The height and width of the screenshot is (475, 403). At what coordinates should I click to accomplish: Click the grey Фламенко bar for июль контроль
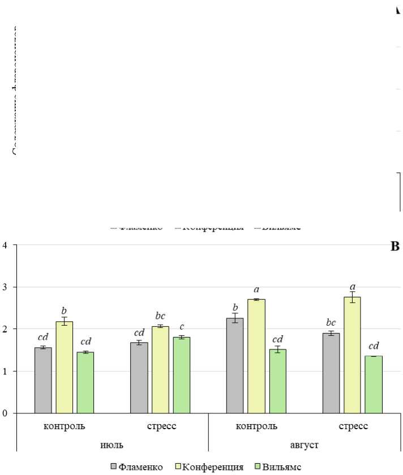pyautogui.click(x=43, y=380)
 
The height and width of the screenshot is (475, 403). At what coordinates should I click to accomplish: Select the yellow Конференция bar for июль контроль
pyautogui.click(x=64, y=367)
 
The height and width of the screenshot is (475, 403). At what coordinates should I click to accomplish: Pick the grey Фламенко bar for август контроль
pyautogui.click(x=235, y=365)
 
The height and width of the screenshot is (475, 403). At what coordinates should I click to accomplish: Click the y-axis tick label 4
pyautogui.click(x=5, y=245)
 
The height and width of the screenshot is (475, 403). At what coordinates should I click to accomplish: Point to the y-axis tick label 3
pyautogui.click(x=5, y=287)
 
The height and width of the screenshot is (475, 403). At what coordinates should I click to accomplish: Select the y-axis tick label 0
pyautogui.click(x=5, y=413)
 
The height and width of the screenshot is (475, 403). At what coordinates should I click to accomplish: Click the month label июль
pyautogui.click(x=112, y=445)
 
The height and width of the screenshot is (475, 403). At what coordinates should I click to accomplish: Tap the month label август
pyautogui.click(x=305, y=445)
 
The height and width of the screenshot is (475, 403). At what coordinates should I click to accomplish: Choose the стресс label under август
pyautogui.click(x=353, y=426)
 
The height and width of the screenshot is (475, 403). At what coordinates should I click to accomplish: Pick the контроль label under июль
pyautogui.click(x=65, y=426)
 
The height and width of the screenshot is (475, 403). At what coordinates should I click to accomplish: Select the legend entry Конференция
pyautogui.click(x=212, y=467)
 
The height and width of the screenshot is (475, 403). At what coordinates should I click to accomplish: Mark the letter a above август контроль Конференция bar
pyautogui.click(x=256, y=290)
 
